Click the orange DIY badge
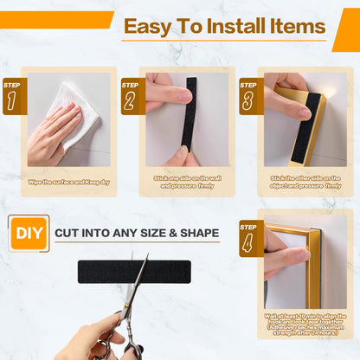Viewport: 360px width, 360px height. (x=26, y=233)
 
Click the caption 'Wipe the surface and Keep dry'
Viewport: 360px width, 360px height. (x=68, y=181)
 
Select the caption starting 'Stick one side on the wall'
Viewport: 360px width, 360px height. (x=187, y=181)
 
